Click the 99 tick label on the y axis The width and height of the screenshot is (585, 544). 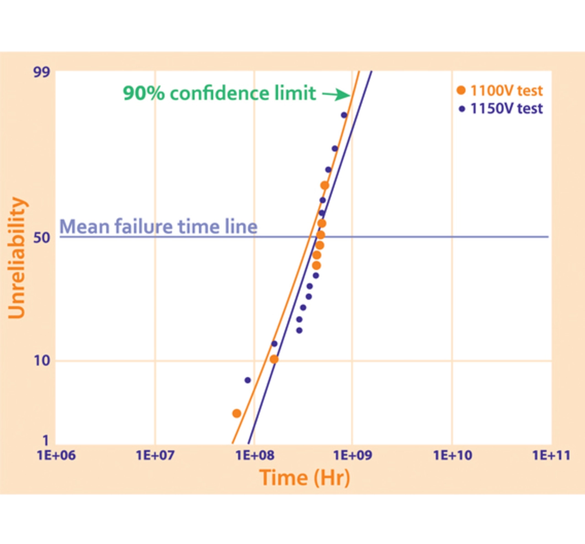(41, 72)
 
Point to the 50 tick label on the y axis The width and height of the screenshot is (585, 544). (41, 237)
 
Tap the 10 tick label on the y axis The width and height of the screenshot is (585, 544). (42, 361)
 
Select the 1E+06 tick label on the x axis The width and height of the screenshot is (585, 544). (56, 455)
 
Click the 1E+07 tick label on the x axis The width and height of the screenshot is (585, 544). (155, 455)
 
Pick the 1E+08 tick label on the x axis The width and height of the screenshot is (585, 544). (254, 455)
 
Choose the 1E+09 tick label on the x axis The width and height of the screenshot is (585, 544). (352, 455)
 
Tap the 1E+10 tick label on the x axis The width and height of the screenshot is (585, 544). (452, 455)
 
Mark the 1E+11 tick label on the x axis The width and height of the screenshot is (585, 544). (551, 455)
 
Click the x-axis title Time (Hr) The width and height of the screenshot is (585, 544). (305, 478)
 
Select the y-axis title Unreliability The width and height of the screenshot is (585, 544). (17, 258)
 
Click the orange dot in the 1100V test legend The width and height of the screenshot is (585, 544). (461, 91)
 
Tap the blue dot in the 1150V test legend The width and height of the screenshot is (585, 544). (462, 109)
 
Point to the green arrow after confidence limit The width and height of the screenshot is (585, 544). (336, 95)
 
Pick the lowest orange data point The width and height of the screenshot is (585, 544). (237, 414)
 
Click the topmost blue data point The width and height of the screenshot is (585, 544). (344, 115)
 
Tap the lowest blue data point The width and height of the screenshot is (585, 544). (248, 380)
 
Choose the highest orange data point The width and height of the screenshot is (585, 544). (324, 185)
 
